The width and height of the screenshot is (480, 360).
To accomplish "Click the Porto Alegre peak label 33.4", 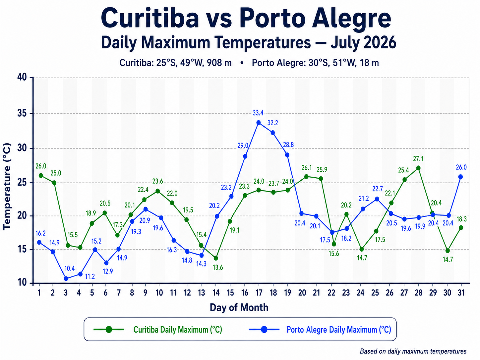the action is [258, 113].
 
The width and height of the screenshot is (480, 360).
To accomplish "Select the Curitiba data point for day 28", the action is [418, 168].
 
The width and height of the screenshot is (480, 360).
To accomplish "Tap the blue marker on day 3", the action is [66, 278].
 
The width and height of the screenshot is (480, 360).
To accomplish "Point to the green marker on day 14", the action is [216, 258].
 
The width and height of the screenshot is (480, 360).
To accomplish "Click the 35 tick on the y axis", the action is [22, 113].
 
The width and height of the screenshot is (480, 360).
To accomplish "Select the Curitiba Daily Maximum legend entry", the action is [158, 330].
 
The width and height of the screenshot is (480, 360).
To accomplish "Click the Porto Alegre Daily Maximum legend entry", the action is [320, 330].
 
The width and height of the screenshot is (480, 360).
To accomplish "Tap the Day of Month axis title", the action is [239, 307].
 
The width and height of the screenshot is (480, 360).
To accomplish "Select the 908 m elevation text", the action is [219, 63].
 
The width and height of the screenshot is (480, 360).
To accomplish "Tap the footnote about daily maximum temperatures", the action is [413, 351].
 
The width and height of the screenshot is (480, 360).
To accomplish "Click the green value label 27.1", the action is [418, 159].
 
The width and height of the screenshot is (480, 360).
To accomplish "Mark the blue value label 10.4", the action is [70, 269].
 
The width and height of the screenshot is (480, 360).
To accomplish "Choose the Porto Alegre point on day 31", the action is [460, 177].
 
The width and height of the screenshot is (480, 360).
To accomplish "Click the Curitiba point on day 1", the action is [41, 175].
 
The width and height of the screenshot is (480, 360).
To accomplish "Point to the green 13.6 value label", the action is [218, 267].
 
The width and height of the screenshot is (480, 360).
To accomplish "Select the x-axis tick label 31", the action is [461, 292].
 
